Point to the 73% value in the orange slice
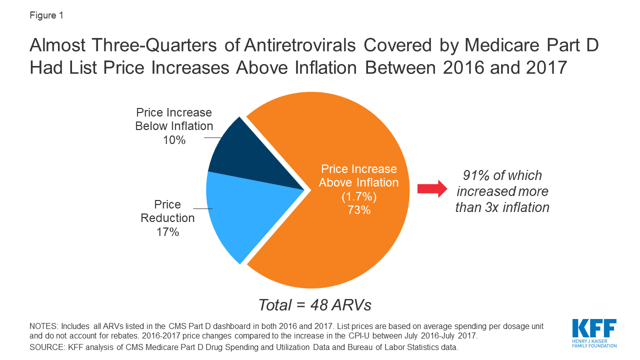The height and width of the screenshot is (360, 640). click(358, 210)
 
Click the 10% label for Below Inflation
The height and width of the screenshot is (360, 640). click(174, 140)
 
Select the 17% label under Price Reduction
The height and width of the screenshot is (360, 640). click(167, 232)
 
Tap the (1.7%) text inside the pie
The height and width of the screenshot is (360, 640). click(358, 196)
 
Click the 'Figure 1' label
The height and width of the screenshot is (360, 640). click(46, 15)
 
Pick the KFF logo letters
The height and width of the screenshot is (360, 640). click(594, 329)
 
